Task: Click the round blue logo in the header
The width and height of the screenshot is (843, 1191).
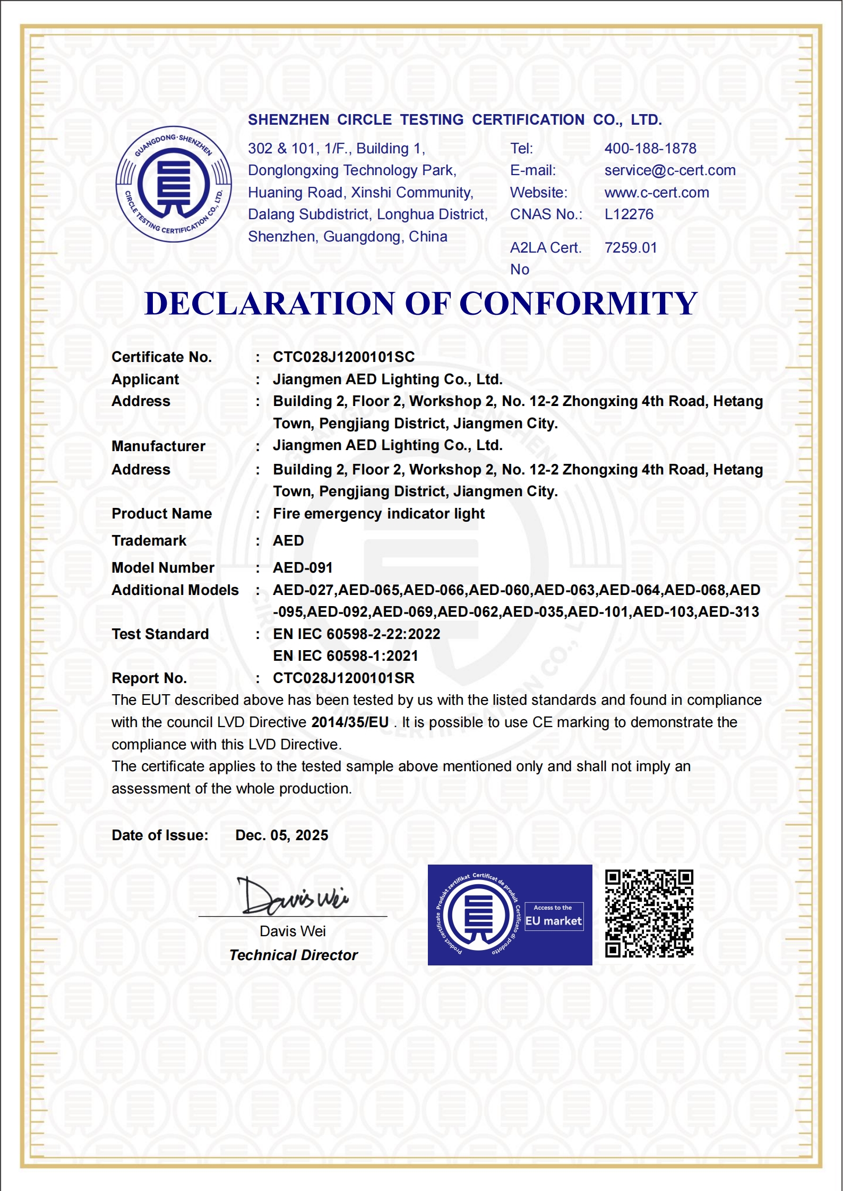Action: (174, 184)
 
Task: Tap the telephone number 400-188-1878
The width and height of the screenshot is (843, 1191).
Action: (650, 149)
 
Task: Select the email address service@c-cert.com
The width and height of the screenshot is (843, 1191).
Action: (670, 170)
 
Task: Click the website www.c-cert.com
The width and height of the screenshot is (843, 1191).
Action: (657, 193)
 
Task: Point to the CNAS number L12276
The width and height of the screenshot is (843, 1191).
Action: (629, 214)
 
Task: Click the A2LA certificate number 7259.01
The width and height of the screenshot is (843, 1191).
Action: (631, 248)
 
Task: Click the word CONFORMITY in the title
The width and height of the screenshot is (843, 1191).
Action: (578, 304)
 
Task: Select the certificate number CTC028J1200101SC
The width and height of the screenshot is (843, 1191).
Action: (343, 357)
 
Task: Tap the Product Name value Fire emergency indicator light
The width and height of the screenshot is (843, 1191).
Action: (379, 514)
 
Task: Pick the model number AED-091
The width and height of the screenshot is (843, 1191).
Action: (303, 568)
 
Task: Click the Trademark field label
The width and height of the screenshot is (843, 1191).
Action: (149, 541)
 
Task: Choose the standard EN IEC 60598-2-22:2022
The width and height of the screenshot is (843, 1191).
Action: (356, 634)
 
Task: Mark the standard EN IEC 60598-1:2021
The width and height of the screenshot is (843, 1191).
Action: (345, 656)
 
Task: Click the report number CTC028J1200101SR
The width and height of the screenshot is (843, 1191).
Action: (343, 678)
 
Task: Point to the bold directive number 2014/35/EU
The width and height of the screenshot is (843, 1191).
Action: (350, 722)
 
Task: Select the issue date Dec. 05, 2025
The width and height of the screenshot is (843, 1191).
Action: (281, 835)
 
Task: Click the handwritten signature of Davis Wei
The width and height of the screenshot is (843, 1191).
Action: (293, 896)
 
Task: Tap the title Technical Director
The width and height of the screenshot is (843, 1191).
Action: (294, 955)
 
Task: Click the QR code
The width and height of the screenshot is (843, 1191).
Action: (649, 913)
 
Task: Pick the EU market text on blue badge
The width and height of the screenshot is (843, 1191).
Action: (554, 921)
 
